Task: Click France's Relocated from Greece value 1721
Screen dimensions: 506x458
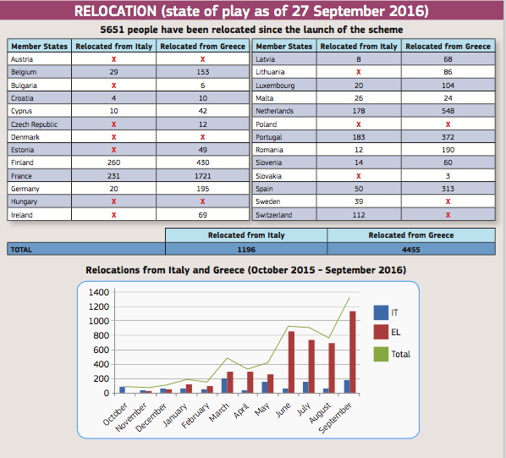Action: click(x=203, y=176)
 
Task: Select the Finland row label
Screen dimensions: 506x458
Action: click(x=22, y=163)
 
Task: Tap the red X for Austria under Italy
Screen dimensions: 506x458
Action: click(x=113, y=59)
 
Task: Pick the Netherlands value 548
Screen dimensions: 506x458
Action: click(x=448, y=111)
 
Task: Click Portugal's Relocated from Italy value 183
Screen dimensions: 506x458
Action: click(x=359, y=137)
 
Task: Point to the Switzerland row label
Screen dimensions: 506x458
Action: click(x=273, y=215)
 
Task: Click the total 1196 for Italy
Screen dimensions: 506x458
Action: click(x=246, y=250)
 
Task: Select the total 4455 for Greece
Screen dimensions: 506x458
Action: click(x=410, y=250)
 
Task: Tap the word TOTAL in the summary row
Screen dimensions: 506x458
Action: click(x=21, y=250)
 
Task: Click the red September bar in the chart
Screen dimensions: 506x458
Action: click(x=352, y=352)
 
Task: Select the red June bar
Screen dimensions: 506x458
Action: click(x=291, y=362)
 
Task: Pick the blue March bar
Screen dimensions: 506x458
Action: click(x=224, y=386)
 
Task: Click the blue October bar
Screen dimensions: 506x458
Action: click(x=123, y=390)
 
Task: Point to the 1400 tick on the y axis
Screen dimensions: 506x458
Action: click(x=99, y=292)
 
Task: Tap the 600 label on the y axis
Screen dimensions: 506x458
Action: click(x=101, y=350)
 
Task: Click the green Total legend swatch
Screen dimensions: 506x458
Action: click(x=381, y=354)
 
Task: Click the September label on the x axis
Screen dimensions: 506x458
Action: click(x=334, y=417)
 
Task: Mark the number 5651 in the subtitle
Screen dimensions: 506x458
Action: click(x=112, y=30)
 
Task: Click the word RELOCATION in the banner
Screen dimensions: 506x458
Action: click(x=116, y=11)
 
